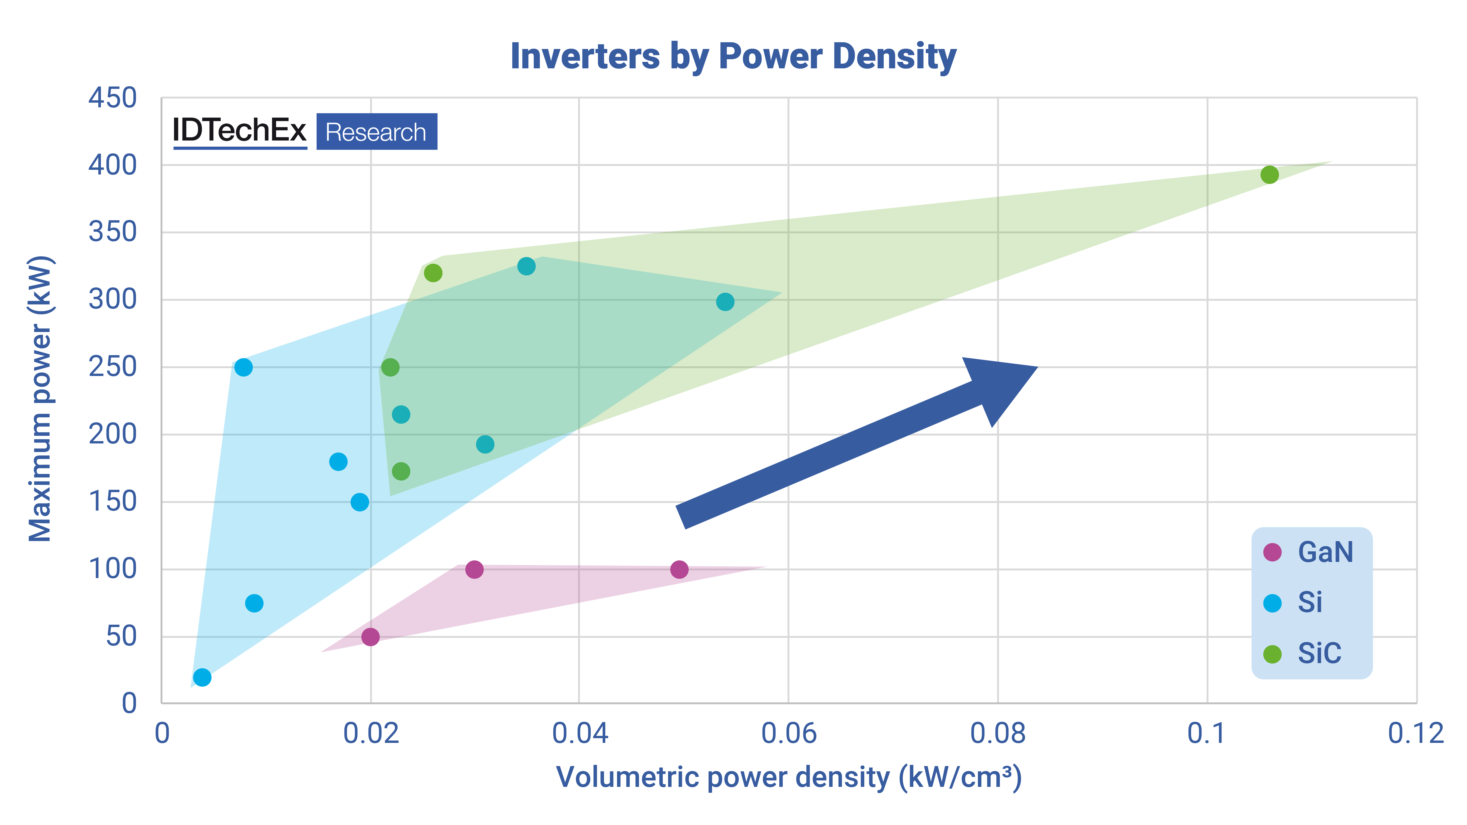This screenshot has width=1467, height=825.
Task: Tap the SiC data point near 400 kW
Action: [x=1269, y=175]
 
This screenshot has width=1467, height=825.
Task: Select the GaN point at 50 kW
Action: [x=370, y=636]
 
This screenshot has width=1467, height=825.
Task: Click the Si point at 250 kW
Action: [x=243, y=367]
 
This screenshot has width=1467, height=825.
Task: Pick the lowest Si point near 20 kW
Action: [x=202, y=677]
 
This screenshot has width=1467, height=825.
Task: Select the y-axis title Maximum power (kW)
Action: [x=41, y=399]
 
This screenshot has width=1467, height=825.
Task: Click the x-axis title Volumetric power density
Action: [x=789, y=777]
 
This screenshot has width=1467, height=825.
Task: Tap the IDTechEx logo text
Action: [x=239, y=131]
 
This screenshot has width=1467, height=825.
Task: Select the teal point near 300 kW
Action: [x=725, y=302]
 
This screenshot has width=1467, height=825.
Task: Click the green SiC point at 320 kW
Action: [x=433, y=273]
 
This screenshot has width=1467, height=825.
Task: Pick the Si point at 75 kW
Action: [x=254, y=603]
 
